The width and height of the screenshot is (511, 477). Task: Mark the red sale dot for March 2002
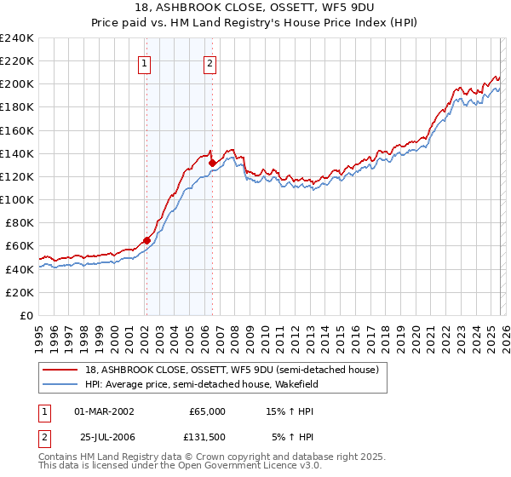tap(146, 240)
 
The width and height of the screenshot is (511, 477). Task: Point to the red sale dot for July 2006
tap(212, 163)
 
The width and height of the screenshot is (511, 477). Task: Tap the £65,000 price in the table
tap(207, 411)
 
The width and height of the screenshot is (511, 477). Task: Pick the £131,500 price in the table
tap(207, 437)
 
